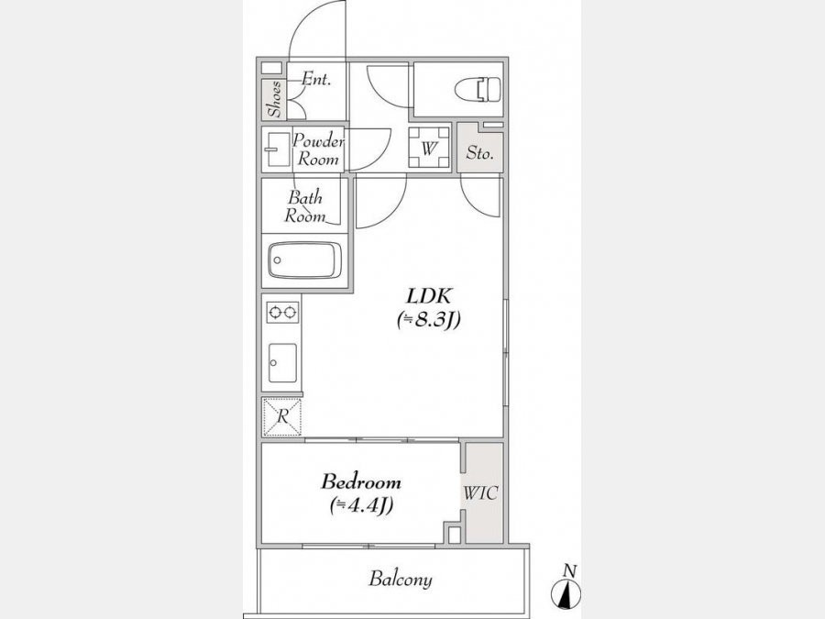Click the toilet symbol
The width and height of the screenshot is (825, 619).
point(478,90)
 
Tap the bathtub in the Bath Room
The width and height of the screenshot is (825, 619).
point(304,260)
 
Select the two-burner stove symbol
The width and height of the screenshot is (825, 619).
point(282,313)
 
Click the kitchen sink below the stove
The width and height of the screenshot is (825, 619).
point(282,362)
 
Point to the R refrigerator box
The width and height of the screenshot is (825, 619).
point(282,417)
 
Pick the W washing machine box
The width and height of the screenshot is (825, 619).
point(429,148)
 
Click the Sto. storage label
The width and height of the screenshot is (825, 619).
point(479,153)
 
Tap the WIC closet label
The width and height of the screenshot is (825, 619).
point(480,493)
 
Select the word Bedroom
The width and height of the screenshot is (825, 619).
point(361,481)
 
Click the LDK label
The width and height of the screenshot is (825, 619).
point(429,296)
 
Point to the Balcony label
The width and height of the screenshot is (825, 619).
point(401,579)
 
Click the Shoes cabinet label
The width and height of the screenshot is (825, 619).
point(274,98)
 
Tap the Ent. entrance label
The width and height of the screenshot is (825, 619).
point(315,80)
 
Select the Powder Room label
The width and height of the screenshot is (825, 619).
point(318,149)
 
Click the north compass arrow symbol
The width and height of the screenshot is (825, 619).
point(566,593)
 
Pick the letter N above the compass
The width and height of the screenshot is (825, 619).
point(570,570)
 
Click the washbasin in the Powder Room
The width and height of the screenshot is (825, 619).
point(278,149)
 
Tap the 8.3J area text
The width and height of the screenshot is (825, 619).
point(429,319)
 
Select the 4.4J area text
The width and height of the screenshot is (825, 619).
point(361,505)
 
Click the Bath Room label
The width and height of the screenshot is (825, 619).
point(305,207)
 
